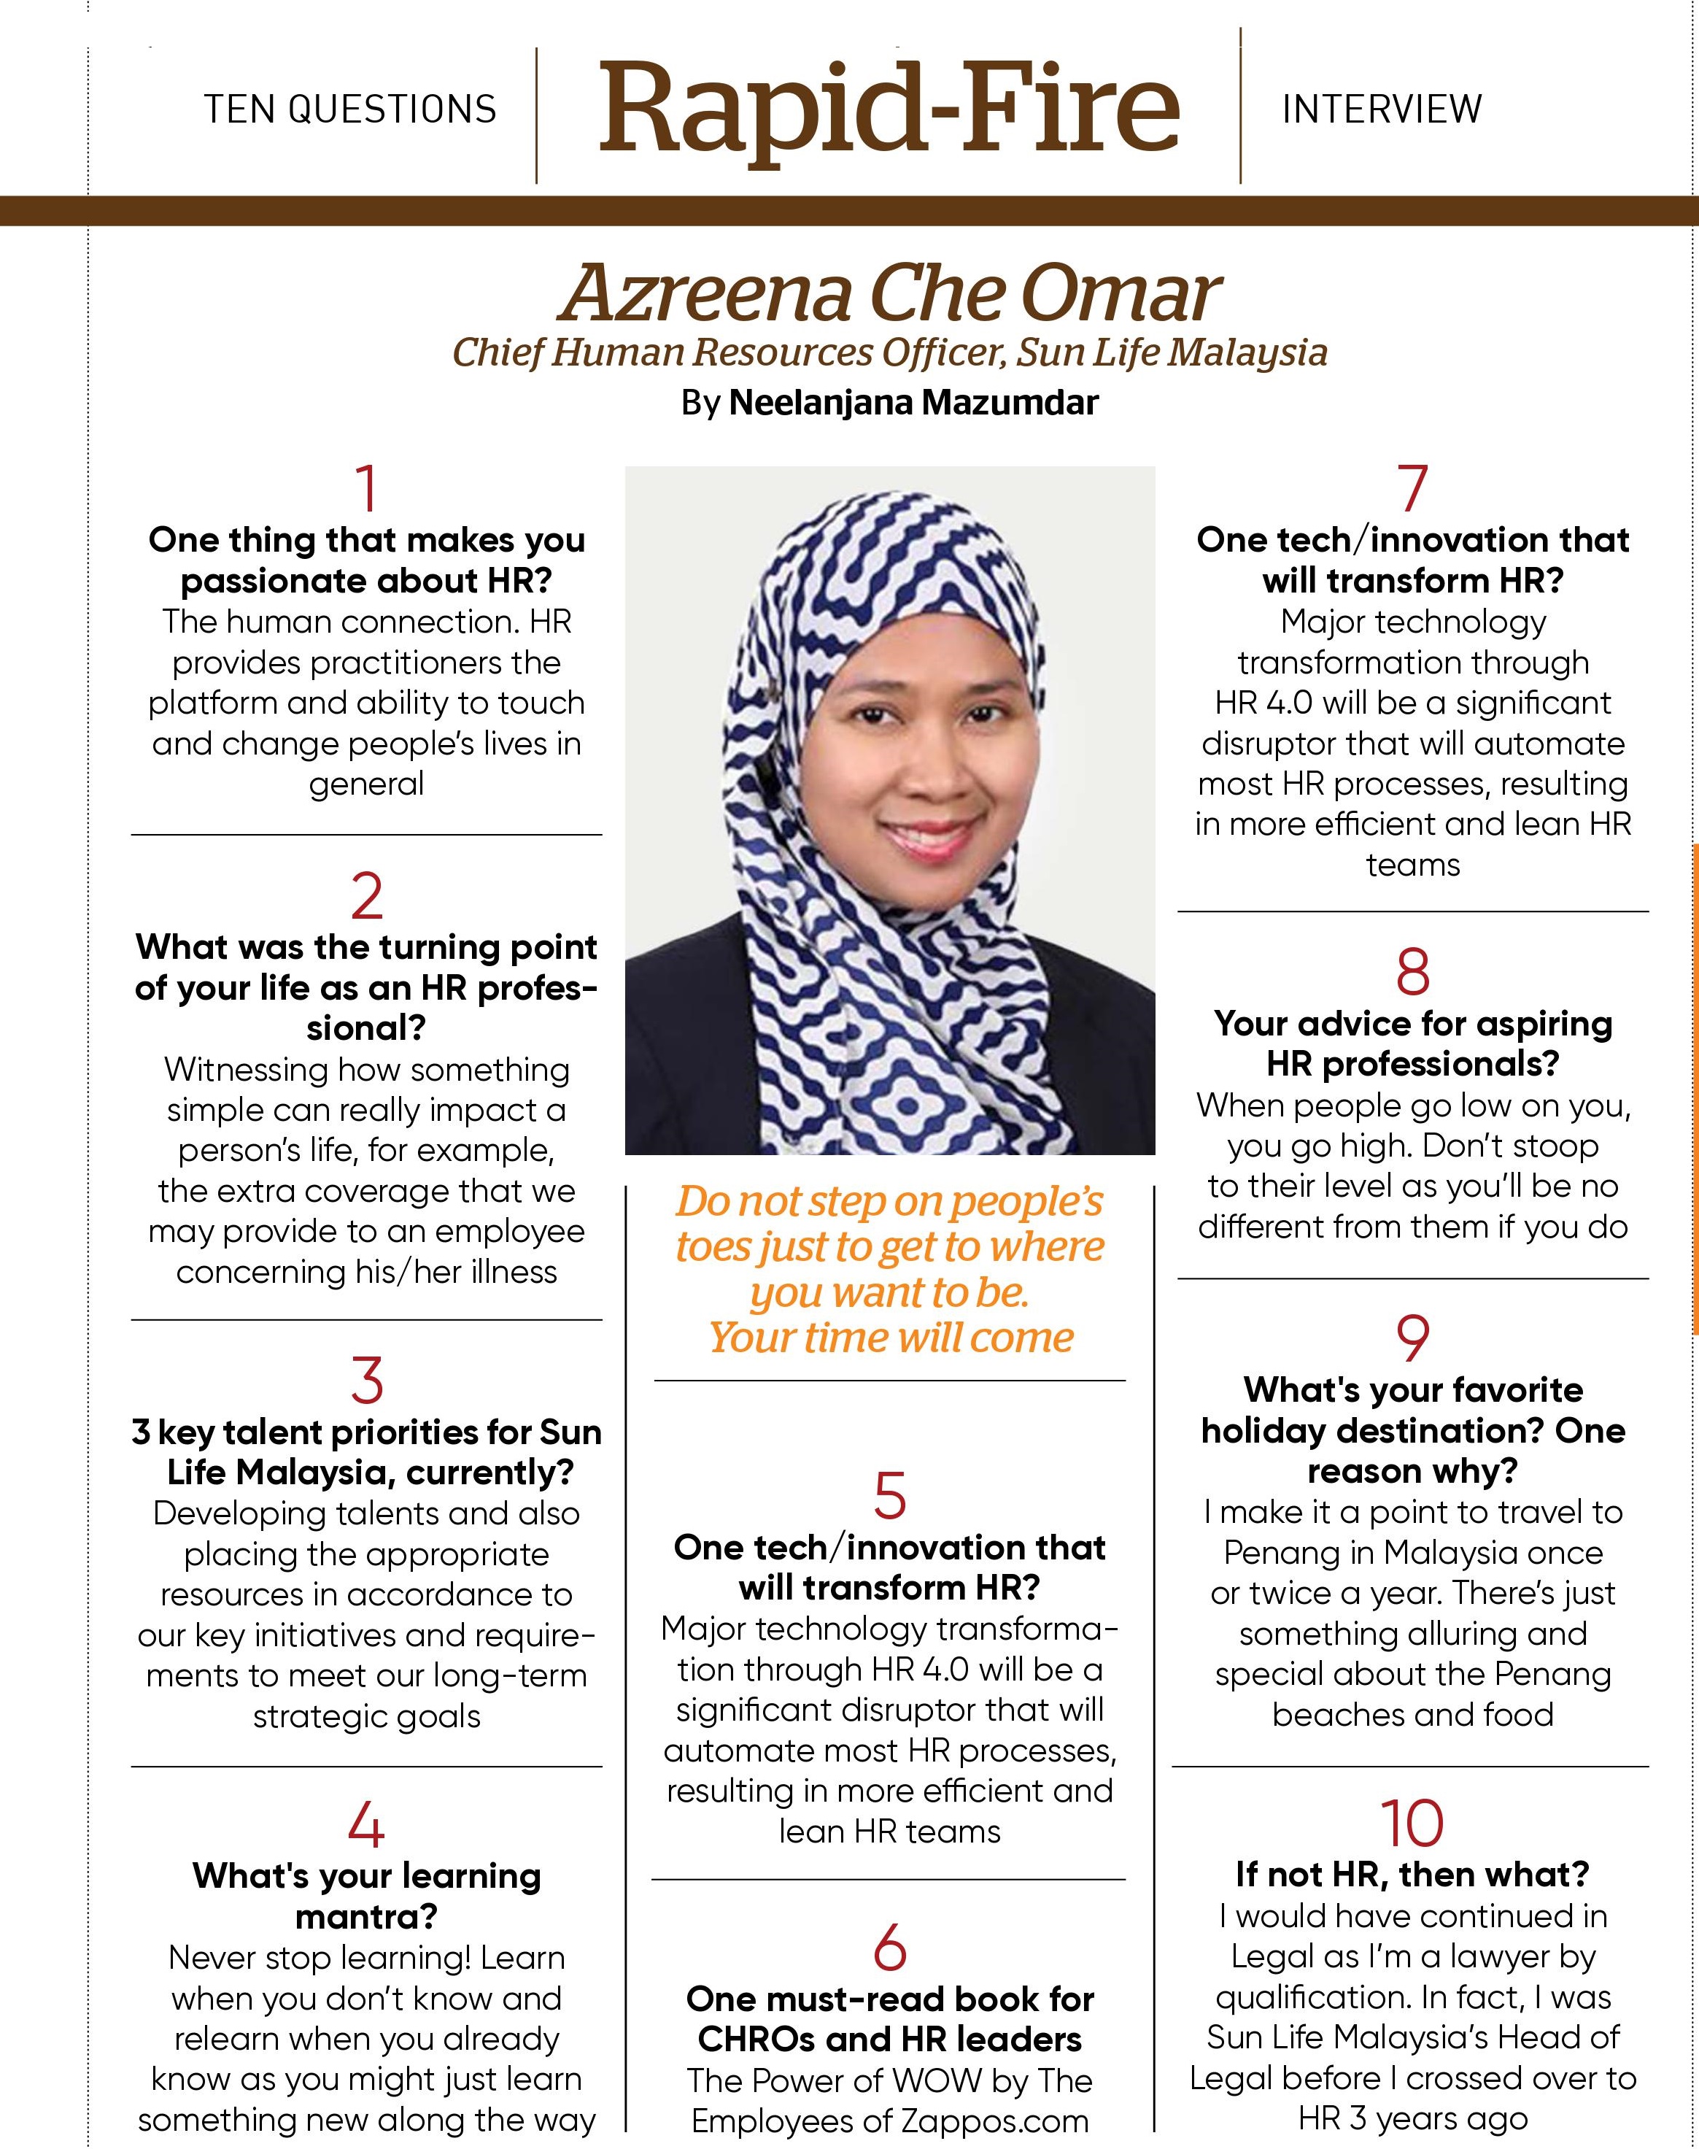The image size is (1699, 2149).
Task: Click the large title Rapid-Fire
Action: pyautogui.click(x=889, y=107)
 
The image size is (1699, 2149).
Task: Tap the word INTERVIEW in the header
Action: pyautogui.click(x=1382, y=109)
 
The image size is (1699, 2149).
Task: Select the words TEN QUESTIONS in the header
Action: pyautogui.click(x=350, y=109)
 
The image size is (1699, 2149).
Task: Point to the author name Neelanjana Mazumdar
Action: pyautogui.click(x=913, y=403)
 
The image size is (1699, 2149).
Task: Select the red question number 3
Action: pyautogui.click(x=367, y=1381)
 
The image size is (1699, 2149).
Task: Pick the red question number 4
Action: pyautogui.click(x=367, y=1825)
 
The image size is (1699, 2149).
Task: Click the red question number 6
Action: pyautogui.click(x=889, y=1948)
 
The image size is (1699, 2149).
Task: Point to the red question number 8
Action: pyautogui.click(x=1412, y=972)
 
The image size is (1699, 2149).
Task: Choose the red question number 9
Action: pyautogui.click(x=1412, y=1338)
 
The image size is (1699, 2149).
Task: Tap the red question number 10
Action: pyautogui.click(x=1412, y=1823)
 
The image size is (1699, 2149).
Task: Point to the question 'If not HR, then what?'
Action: pyautogui.click(x=1412, y=1875)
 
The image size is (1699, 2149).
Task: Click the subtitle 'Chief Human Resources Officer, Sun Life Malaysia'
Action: pyautogui.click(x=889, y=352)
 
